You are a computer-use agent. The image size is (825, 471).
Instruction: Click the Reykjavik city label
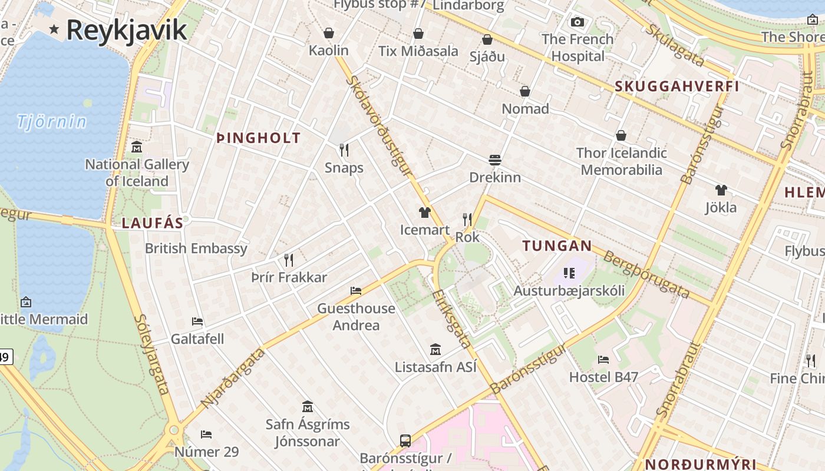(126, 29)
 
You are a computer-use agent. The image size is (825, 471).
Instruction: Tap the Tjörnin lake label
(52, 122)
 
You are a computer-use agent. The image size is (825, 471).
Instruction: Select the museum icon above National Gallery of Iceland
(137, 147)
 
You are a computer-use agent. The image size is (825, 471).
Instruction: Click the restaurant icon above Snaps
(344, 150)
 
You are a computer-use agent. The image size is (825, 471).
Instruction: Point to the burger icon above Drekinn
(494, 160)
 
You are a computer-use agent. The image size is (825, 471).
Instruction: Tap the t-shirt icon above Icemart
(424, 212)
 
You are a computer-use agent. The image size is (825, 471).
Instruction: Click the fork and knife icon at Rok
(467, 220)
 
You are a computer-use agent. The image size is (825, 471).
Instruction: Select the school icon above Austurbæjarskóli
(569, 273)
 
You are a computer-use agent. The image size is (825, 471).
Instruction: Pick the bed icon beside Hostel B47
(603, 359)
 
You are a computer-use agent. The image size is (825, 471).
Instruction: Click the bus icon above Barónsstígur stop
(405, 440)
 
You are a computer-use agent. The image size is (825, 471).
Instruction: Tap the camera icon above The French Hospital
(577, 22)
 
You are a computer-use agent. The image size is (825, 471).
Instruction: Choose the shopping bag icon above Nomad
(524, 91)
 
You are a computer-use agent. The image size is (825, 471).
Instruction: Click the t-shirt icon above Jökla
(721, 190)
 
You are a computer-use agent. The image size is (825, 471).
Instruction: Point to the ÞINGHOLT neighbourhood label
(259, 138)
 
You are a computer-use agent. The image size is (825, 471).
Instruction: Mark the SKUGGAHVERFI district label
(676, 87)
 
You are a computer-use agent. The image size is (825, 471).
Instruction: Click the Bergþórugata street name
(646, 273)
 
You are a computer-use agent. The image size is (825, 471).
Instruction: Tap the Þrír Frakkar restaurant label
(289, 277)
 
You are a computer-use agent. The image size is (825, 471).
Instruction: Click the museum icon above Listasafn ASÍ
(435, 349)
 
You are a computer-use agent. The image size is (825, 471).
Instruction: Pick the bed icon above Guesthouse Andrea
(356, 290)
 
